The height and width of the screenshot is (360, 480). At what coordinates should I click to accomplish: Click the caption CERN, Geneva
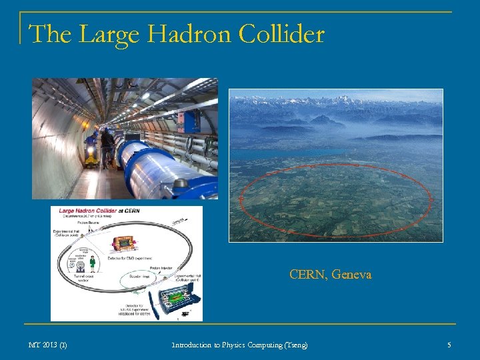(x=330, y=274)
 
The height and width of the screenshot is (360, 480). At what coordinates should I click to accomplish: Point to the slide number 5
(x=449, y=345)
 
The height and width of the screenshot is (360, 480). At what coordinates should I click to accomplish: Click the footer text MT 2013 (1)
(x=47, y=345)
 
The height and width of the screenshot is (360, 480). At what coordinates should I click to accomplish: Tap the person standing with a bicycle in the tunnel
(x=107, y=147)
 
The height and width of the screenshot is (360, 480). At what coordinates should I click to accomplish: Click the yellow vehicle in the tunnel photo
(x=91, y=155)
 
